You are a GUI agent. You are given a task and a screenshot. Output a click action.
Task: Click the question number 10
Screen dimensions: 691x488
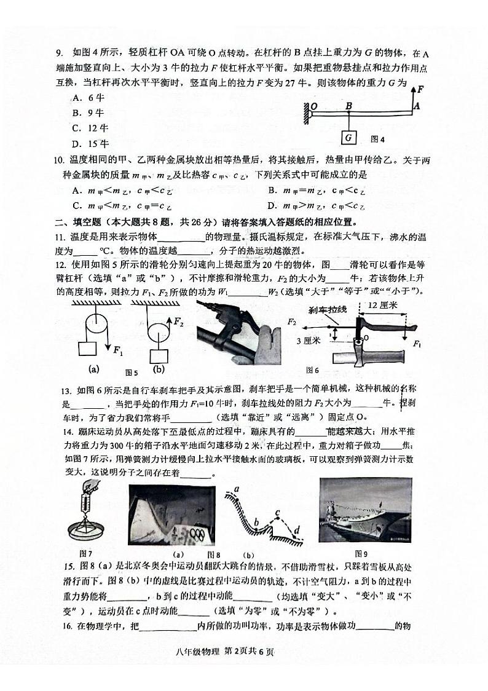tap(60, 161)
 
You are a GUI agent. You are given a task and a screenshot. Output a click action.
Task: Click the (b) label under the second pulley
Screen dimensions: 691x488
tap(159, 369)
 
